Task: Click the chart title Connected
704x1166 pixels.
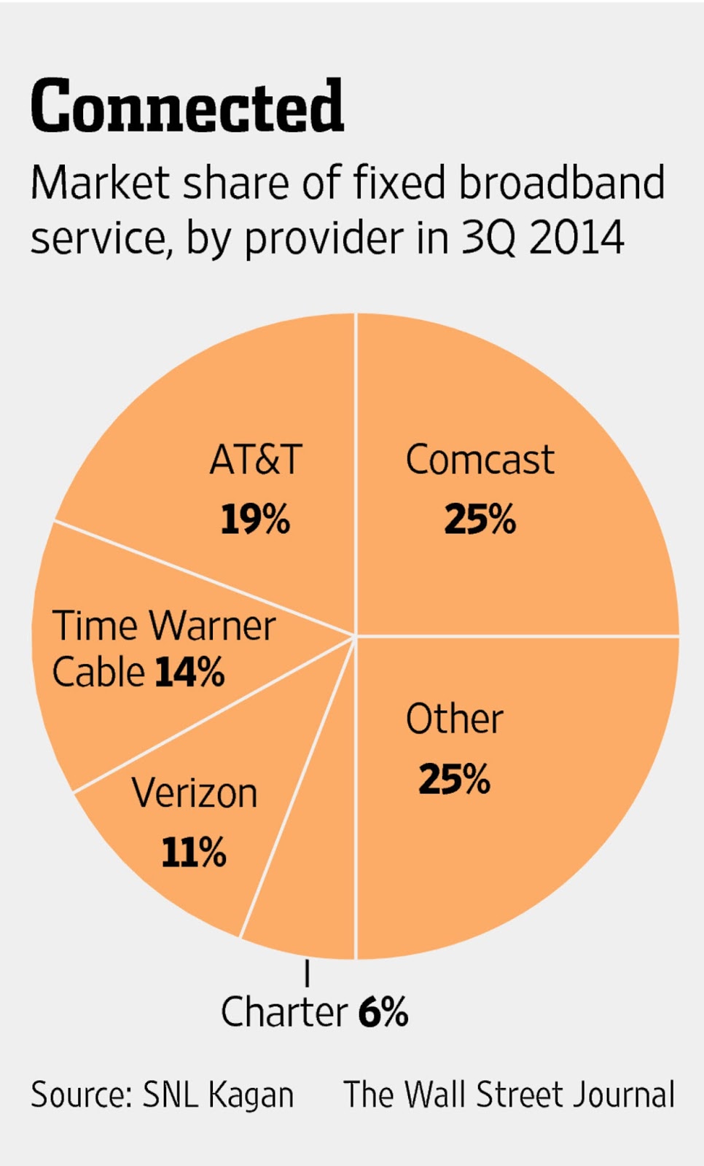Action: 187,107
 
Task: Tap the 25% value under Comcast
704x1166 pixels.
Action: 480,520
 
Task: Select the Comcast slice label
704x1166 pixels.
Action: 480,460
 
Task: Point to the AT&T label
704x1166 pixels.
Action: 256,460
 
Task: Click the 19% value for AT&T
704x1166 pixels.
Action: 255,520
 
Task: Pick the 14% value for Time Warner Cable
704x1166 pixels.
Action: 189,672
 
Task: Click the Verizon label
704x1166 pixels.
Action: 195,793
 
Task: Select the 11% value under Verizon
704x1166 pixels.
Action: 193,852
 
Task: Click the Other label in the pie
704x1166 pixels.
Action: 454,719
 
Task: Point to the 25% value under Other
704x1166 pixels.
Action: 454,779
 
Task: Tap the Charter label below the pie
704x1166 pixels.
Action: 284,1012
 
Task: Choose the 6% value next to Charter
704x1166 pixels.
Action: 383,1012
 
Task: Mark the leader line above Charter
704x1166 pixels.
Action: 307,973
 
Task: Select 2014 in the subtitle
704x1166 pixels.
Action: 576,238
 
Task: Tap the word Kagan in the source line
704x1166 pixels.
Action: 251,1095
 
